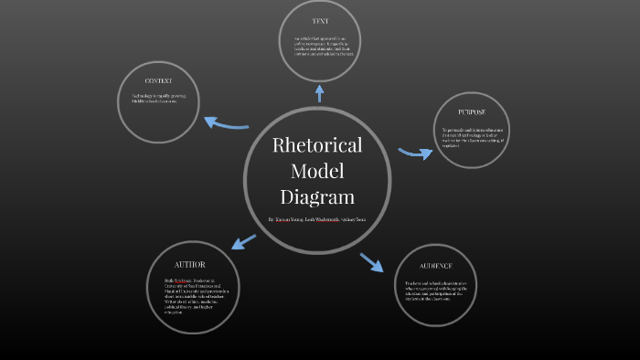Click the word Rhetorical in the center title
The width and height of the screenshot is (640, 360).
point(317,145)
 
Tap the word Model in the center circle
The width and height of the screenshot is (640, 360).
point(317,171)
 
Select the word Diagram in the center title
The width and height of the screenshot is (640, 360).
point(317,196)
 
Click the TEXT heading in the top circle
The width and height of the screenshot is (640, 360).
point(319,21)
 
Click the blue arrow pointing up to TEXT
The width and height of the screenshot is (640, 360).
point(319,91)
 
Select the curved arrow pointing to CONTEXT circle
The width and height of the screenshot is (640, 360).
point(225,122)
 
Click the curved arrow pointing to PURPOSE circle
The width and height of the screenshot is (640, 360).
point(416,153)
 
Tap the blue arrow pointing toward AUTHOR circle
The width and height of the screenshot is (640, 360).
point(243,242)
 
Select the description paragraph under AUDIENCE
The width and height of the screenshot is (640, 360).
point(435,291)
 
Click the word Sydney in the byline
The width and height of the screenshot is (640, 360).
point(341,220)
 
